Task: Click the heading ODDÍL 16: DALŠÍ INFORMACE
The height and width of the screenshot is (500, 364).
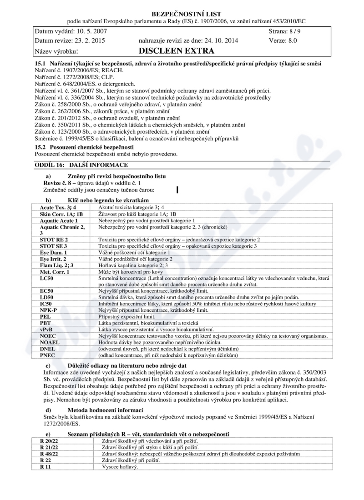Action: (x=81, y=165)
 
